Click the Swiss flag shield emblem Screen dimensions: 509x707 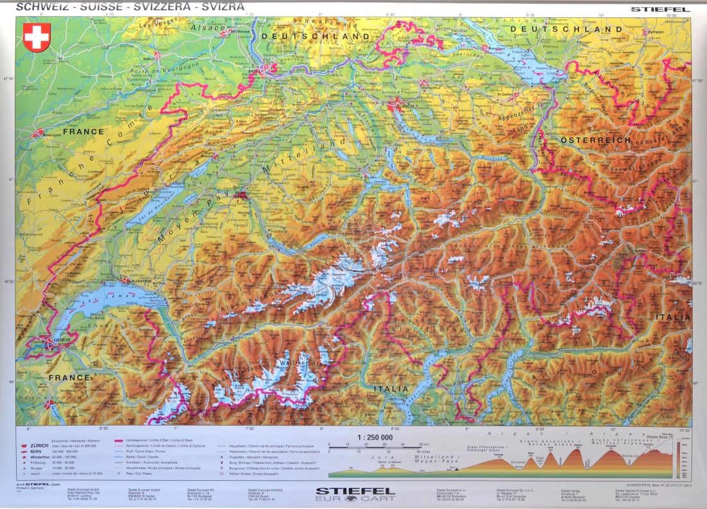click(x=37, y=37)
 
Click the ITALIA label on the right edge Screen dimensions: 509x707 click(x=673, y=317)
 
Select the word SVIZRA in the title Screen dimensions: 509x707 click(x=222, y=7)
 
